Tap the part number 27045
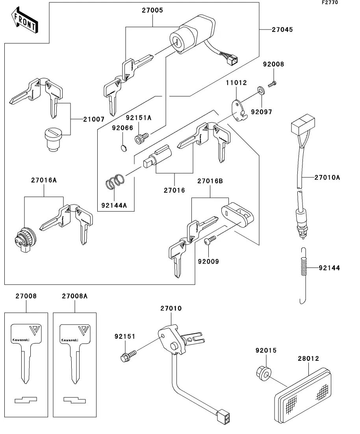click(282, 30)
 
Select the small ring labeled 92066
click(123, 148)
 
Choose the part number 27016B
click(210, 181)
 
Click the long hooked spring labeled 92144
click(303, 275)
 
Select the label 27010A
click(327, 177)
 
